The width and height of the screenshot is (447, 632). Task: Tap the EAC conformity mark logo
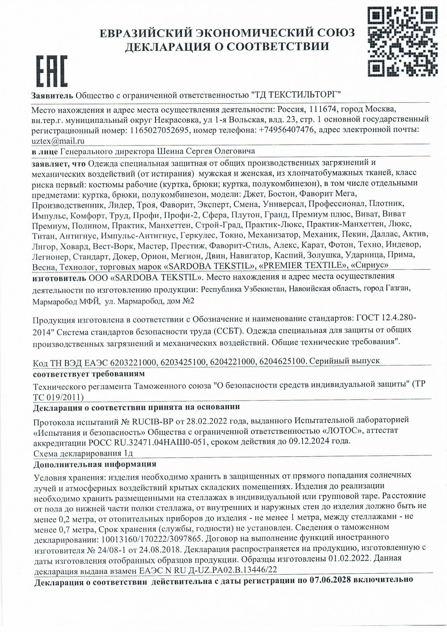pos(52,71)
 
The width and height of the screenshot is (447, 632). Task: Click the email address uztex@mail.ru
pos(58,141)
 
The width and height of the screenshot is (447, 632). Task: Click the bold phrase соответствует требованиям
pos(89,374)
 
